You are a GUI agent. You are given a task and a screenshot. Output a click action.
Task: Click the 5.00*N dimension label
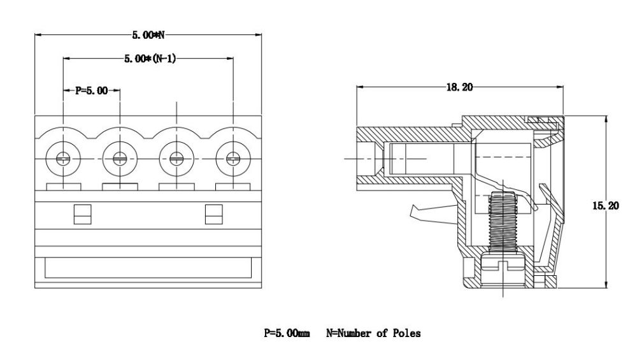coord(149,34)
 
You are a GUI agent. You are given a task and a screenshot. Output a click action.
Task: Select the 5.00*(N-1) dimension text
coord(150,59)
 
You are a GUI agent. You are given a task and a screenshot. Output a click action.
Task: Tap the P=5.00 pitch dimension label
coord(92,90)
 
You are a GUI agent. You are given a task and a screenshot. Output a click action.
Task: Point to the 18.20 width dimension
coord(459,87)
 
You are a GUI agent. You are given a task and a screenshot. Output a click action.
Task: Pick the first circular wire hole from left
coord(63,158)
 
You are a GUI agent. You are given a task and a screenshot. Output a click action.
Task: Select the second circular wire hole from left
coord(120,158)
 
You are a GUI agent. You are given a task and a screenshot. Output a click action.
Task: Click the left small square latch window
coord(81,215)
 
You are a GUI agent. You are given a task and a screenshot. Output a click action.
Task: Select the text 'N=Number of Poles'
coord(373,333)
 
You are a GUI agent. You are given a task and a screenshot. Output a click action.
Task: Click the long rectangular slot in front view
coord(148,268)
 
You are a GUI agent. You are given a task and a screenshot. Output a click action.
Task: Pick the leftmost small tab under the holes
coord(64,186)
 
